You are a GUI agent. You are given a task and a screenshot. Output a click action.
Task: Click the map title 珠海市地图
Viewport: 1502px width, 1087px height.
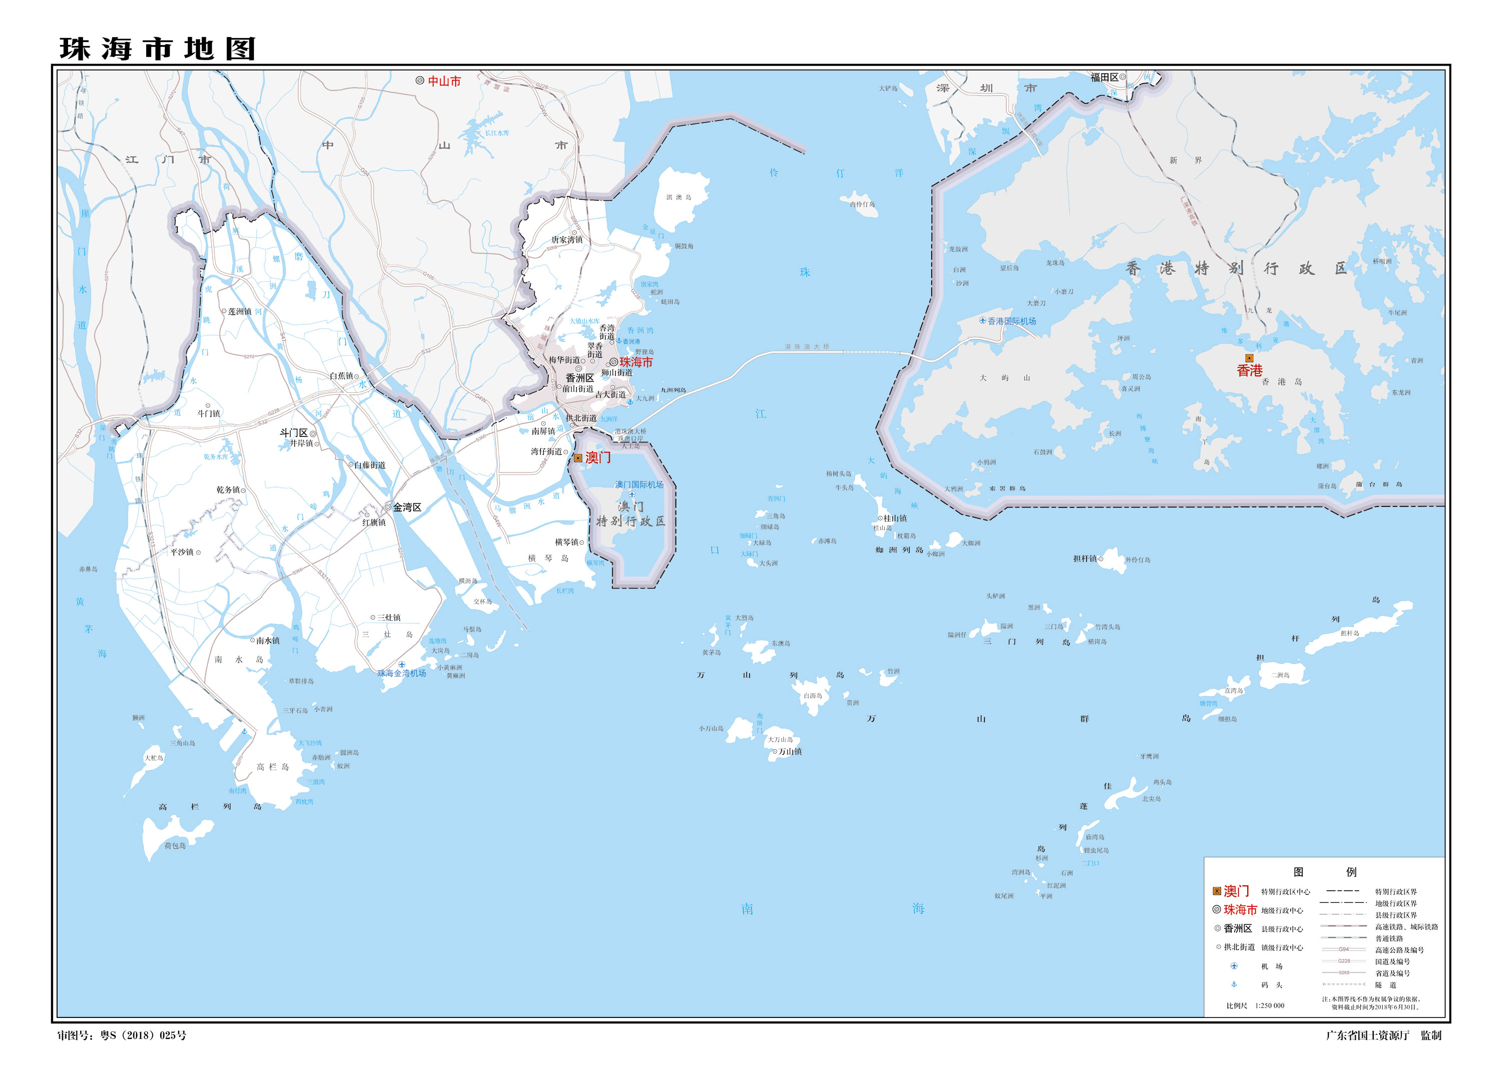[x=158, y=49]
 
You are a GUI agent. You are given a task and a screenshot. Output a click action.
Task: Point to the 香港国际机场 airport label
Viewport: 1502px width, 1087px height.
[x=1011, y=321]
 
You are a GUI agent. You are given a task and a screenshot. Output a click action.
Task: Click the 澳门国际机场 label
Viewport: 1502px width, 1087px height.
[x=639, y=484]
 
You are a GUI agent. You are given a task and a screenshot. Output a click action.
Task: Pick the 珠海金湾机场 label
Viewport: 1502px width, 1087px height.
[x=402, y=673]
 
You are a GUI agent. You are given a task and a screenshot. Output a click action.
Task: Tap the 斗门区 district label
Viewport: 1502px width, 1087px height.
[x=293, y=433]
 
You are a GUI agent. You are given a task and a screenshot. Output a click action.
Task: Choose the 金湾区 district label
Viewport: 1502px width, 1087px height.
[x=407, y=507]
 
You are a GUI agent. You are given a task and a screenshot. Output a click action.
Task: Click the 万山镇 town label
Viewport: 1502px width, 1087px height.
[x=790, y=751]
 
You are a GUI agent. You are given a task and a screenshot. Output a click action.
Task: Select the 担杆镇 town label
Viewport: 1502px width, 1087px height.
[x=1085, y=559]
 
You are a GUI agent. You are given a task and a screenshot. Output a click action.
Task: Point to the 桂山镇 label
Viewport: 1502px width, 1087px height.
[x=895, y=518]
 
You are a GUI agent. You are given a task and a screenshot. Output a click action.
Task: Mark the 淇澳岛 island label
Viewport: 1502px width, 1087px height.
[x=679, y=197]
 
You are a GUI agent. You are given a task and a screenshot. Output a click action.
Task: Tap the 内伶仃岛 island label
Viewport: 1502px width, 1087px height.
[x=862, y=205]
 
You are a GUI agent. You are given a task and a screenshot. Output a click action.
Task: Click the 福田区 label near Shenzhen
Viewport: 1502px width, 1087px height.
[x=1104, y=78]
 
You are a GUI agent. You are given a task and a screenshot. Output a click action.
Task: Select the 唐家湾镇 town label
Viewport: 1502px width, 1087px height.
[x=567, y=240]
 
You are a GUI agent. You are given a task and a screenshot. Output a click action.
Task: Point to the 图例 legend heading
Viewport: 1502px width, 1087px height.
[x=1325, y=872]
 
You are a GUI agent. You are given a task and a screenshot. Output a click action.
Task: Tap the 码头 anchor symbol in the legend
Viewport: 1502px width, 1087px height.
[x=1234, y=984]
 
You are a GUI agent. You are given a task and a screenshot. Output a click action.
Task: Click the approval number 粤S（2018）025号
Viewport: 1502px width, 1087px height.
[x=143, y=1035]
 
